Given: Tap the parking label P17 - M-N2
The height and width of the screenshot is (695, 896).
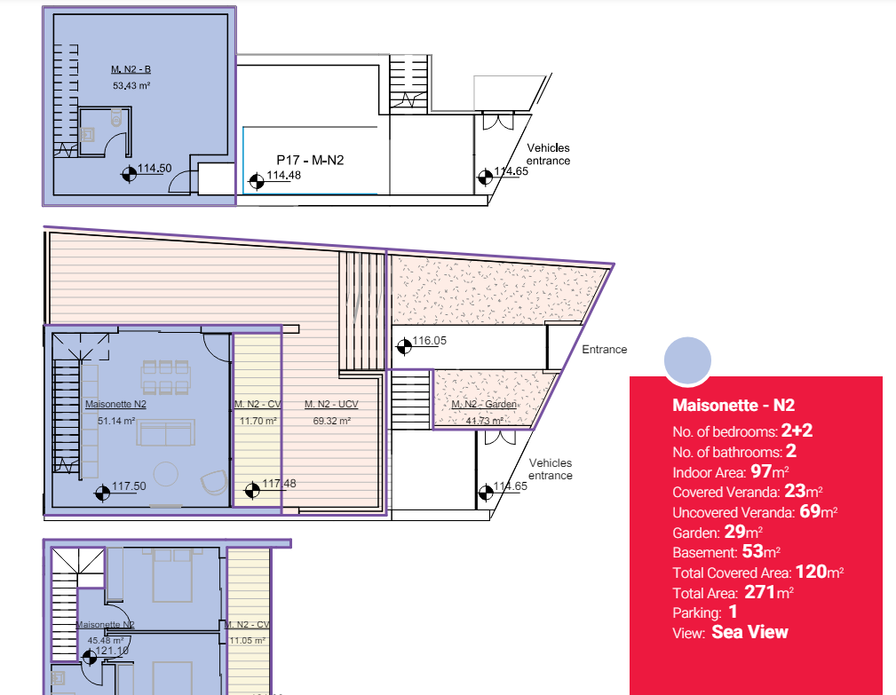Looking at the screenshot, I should click(x=309, y=160).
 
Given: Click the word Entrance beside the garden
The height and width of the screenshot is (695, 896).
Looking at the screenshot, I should click(x=604, y=350).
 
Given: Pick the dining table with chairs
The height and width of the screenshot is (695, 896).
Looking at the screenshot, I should click(x=165, y=375).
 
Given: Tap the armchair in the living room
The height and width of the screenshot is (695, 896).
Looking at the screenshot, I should click(x=213, y=481).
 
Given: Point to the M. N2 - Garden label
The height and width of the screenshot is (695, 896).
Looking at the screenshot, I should click(x=484, y=405).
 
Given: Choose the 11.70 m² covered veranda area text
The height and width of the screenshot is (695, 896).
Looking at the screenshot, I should click(x=256, y=421).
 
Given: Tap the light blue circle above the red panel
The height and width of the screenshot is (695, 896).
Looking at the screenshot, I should click(x=687, y=361).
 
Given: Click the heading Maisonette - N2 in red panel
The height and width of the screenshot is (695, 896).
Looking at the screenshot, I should click(x=733, y=406).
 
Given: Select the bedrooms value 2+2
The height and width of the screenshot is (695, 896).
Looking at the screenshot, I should click(x=798, y=431).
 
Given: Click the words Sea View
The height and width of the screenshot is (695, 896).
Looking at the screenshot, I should click(x=749, y=632).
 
